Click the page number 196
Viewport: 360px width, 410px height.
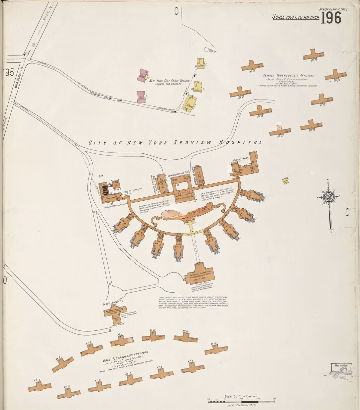point(331,18)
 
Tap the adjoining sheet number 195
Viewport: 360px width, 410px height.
point(8,73)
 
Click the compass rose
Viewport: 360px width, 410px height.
point(329,197)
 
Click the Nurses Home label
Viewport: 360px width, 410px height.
point(241,159)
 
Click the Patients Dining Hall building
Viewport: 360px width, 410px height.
point(199,274)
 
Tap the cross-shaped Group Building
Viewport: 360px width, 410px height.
point(115,312)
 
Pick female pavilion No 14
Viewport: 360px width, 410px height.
point(252,65)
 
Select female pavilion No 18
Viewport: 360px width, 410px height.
point(311,125)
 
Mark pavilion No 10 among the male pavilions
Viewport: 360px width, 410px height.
point(216,349)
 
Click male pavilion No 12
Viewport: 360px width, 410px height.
point(153,337)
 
